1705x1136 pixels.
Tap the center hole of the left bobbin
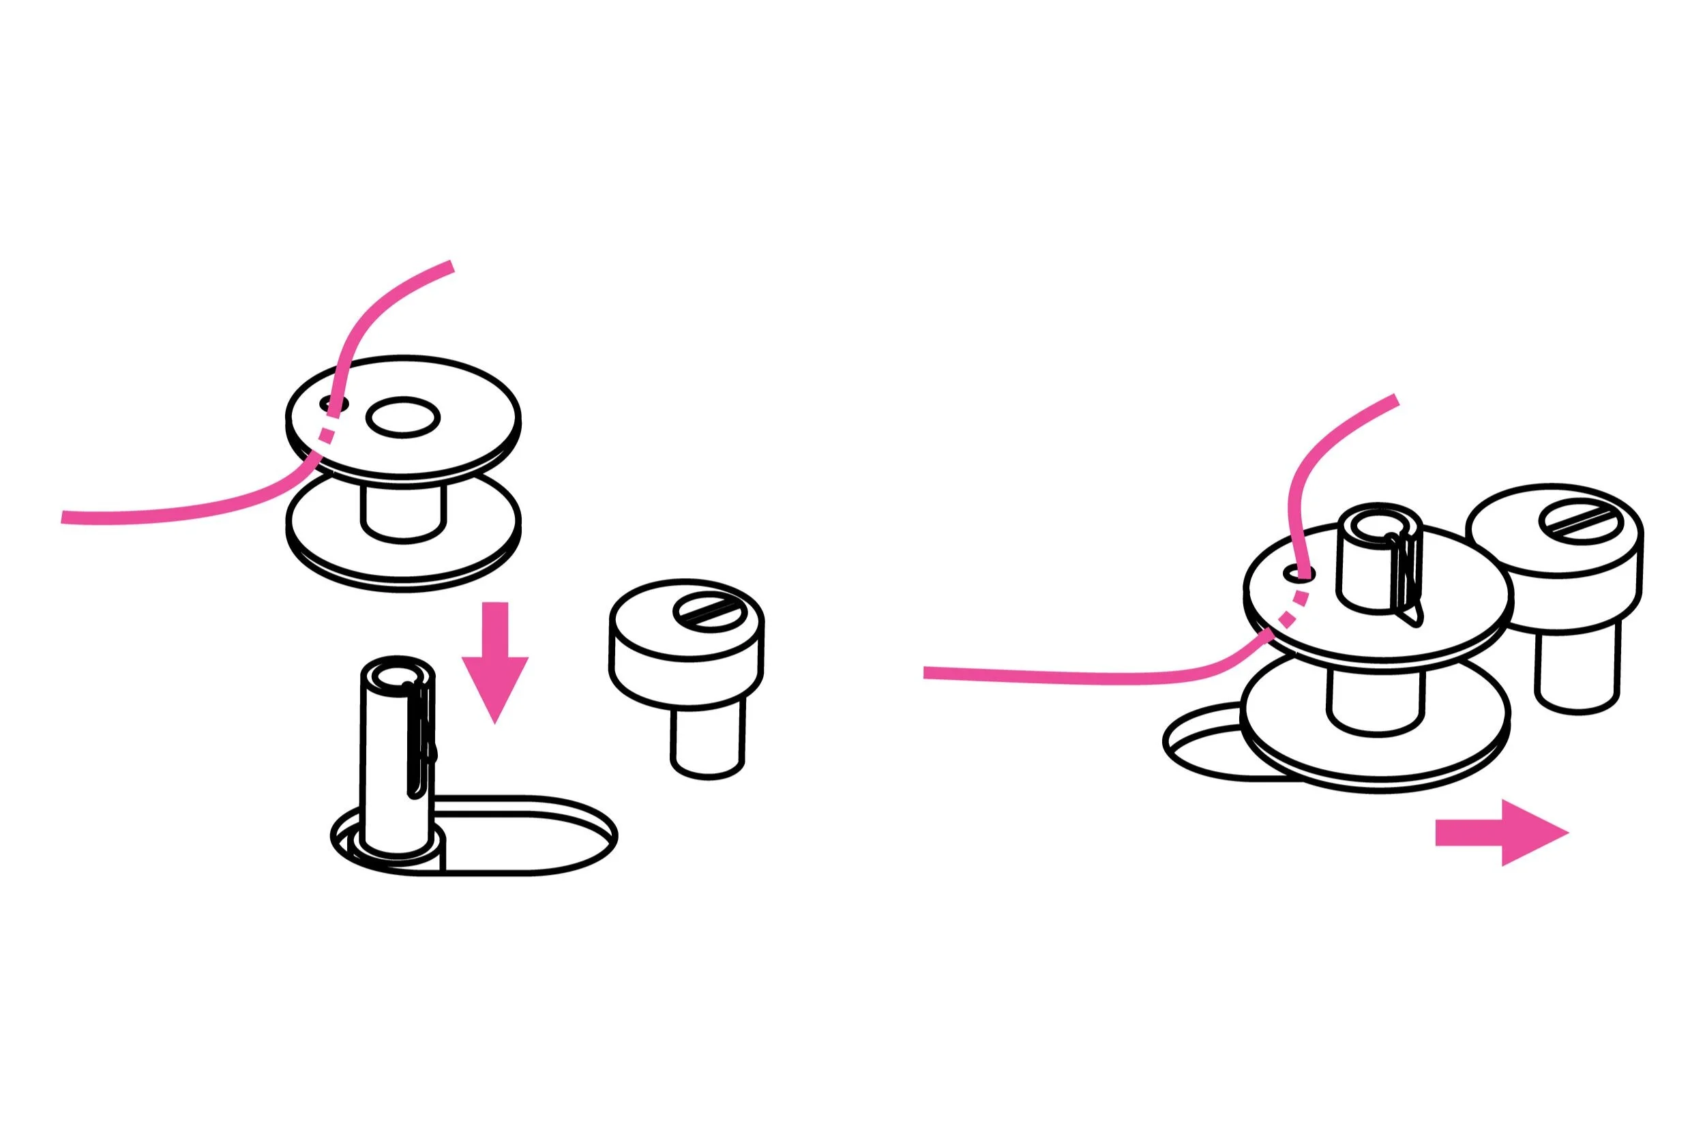pyautogui.click(x=403, y=417)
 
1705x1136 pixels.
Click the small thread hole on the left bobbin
pyautogui.click(x=334, y=403)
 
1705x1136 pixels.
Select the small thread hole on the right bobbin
pyautogui.click(x=1299, y=575)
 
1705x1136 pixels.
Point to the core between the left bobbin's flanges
pyautogui.click(x=403, y=512)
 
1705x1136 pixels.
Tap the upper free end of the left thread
pyautogui.click(x=449, y=267)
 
